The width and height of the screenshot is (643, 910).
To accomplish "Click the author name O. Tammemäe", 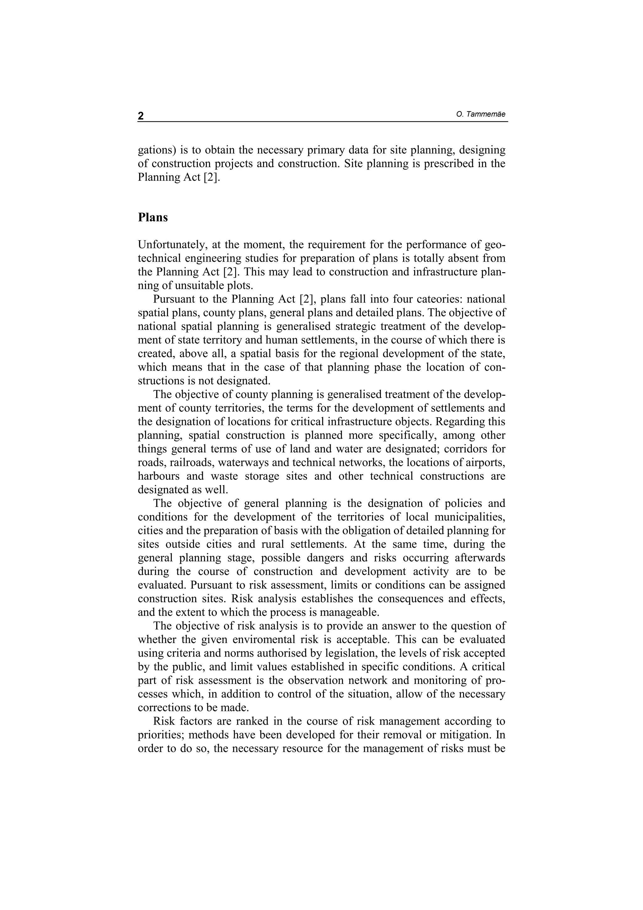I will pos(481,115).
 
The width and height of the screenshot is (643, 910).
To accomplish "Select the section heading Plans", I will pos(153,218).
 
